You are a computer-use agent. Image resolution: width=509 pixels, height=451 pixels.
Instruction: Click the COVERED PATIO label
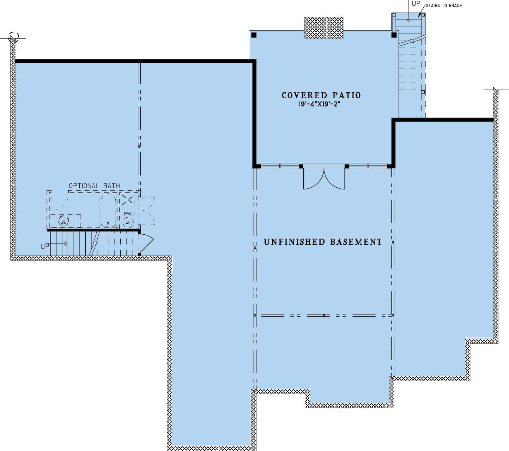tap(321, 95)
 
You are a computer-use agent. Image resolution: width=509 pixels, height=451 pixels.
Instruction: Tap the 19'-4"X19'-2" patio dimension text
tap(319, 104)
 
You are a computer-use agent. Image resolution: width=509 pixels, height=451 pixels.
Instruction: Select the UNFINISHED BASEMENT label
tap(323, 242)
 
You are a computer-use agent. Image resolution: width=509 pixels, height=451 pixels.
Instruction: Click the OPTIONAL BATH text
tap(94, 186)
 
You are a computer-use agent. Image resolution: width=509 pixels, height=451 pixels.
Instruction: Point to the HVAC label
tap(128, 213)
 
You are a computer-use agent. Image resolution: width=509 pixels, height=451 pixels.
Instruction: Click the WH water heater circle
tap(128, 223)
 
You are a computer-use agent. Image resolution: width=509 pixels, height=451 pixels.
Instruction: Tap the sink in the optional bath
tap(64, 222)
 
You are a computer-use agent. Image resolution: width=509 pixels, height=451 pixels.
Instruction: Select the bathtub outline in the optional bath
tap(108, 210)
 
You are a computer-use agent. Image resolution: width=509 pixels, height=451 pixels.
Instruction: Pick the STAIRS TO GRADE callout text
tap(444, 6)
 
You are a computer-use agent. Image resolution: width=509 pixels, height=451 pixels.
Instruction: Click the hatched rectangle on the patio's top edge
tap(324, 28)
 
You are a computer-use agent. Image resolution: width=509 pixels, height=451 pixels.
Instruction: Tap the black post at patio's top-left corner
tap(254, 35)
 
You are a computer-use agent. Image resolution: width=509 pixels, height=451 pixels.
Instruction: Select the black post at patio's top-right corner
tap(394, 35)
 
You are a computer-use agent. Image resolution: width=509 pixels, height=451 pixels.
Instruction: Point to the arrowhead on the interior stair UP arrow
tap(65, 244)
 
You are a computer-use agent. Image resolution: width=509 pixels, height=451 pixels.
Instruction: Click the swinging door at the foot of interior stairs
tap(146, 244)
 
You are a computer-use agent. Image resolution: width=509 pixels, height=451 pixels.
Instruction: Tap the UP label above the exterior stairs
tap(416, 4)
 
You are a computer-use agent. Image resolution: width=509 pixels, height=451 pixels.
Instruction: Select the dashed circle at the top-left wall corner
tap(14, 37)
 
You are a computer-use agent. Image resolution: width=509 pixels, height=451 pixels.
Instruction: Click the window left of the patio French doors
tap(280, 166)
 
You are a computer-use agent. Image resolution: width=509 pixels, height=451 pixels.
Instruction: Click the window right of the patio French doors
tap(367, 166)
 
